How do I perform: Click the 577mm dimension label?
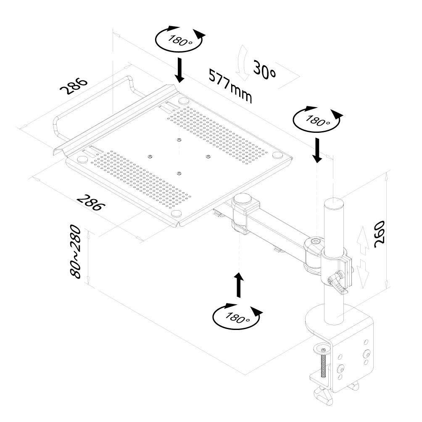point(230,86)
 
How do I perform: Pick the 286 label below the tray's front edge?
point(90,202)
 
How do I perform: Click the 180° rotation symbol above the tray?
point(179,40)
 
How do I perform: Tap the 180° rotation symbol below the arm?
point(237,316)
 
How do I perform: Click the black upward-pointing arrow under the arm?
point(239,284)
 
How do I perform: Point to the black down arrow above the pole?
point(317,150)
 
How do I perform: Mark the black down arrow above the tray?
point(180,70)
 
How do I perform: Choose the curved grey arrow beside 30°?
point(243,63)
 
